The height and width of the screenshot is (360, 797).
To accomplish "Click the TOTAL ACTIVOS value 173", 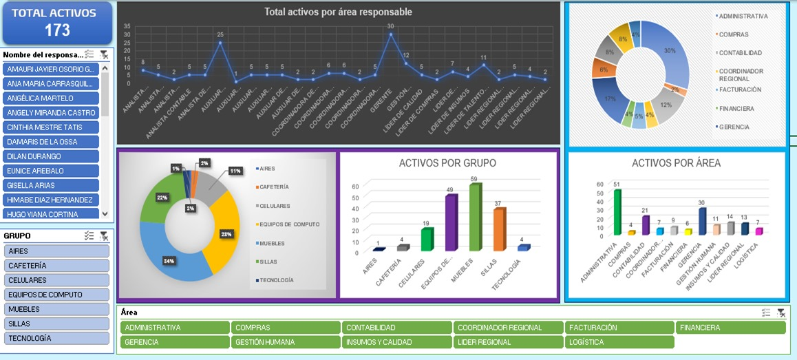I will [57, 30].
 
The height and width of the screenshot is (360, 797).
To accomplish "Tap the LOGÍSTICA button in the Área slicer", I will [619, 342].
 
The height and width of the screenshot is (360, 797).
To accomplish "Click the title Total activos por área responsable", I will [339, 12].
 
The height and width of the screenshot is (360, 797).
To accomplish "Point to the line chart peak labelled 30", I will [390, 34].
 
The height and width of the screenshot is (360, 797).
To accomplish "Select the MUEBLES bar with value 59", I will [474, 218].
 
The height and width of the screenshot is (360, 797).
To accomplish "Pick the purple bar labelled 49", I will [450, 224].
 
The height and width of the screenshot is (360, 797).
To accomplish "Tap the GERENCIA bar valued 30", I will [701, 221].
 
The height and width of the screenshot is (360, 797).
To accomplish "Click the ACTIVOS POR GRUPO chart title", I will [447, 163].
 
